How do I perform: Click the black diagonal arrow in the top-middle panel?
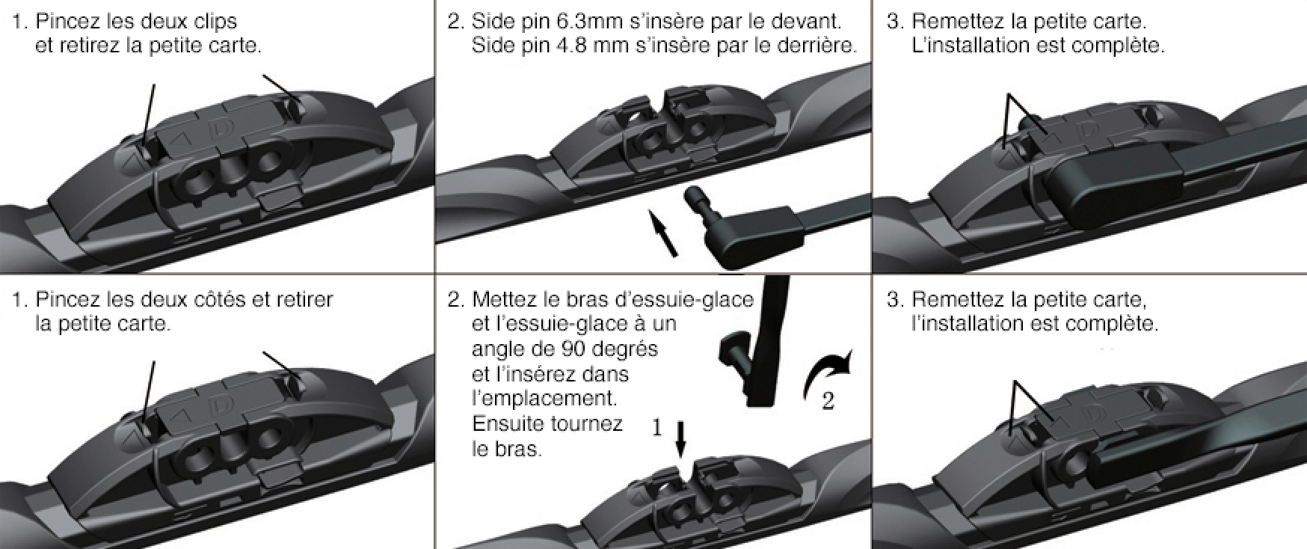[662, 233]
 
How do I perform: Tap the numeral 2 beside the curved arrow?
[828, 402]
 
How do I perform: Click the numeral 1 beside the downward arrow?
[657, 428]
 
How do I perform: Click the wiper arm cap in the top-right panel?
[1114, 184]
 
